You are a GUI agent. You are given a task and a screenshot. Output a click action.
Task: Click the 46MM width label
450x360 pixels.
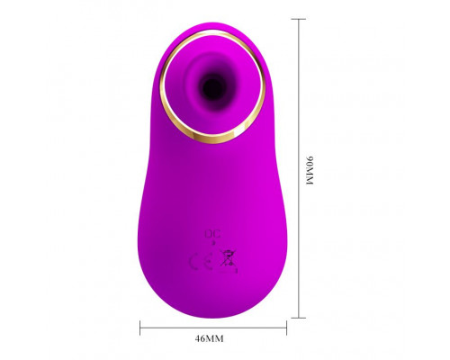pos(209,338)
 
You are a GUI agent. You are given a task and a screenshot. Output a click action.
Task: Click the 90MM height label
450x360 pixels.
pos(310,170)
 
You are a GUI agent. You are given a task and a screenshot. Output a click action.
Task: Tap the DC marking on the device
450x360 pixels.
pos(212,234)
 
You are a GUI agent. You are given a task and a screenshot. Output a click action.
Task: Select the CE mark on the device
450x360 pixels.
pos(201,261)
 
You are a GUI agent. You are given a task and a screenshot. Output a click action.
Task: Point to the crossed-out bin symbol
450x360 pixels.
pos(227,257)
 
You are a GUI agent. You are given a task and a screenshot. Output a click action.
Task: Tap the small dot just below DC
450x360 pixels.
pos(213,243)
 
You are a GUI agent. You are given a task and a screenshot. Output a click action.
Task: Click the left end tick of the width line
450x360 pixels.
pos(140,328)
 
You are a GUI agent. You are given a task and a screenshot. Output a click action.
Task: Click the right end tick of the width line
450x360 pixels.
pos(286,328)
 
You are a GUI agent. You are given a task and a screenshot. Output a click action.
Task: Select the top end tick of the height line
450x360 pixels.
pos(298,19)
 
